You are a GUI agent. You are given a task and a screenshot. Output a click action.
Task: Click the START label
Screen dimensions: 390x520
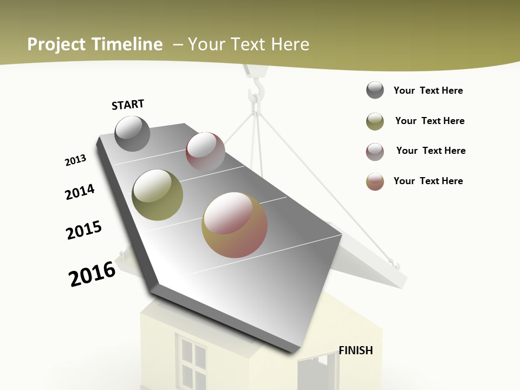[128, 105]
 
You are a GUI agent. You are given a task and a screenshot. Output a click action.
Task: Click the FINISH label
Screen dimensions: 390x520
[356, 350]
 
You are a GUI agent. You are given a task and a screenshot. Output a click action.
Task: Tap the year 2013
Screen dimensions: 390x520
[76, 160]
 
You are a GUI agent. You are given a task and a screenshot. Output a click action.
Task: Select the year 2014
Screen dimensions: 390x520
[80, 192]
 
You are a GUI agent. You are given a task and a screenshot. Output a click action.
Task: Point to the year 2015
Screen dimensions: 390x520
[84, 230]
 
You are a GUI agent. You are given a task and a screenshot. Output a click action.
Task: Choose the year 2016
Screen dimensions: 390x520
[92, 274]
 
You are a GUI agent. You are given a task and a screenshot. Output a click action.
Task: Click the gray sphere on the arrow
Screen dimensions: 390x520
[133, 133]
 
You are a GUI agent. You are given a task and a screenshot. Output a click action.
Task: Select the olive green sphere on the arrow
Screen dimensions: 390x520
[157, 194]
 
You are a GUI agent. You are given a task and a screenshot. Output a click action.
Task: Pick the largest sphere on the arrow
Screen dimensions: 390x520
[235, 225]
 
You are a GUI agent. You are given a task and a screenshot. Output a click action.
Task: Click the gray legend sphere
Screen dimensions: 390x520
[375, 90]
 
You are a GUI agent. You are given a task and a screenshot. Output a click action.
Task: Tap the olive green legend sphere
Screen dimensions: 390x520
[375, 121]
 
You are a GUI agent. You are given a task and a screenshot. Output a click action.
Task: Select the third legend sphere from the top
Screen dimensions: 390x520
[375, 152]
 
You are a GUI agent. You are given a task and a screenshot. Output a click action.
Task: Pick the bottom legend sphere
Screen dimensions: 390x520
[375, 181]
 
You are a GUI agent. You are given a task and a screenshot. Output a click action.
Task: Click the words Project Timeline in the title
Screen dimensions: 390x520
[95, 44]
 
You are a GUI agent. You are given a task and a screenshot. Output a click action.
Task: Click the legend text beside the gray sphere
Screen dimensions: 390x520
[428, 90]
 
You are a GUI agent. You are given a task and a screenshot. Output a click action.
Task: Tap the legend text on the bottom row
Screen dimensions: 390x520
[428, 181]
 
